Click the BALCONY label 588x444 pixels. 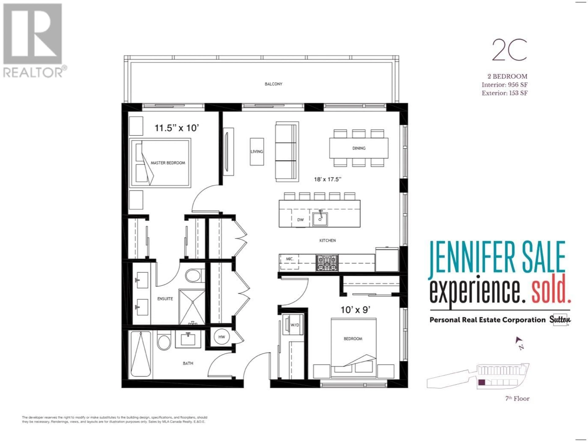point(273,84)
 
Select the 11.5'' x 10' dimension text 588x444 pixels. point(177,128)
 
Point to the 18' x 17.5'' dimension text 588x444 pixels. point(328,179)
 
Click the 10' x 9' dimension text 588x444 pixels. point(355,310)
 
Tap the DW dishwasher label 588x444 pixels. point(300,220)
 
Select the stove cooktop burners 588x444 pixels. point(327,263)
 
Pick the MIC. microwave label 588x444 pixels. point(289,259)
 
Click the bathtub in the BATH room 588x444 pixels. point(141,354)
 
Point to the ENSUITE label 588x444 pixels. point(165,299)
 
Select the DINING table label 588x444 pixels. point(359,148)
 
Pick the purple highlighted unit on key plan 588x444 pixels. point(481,382)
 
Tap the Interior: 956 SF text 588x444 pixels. point(505,85)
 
